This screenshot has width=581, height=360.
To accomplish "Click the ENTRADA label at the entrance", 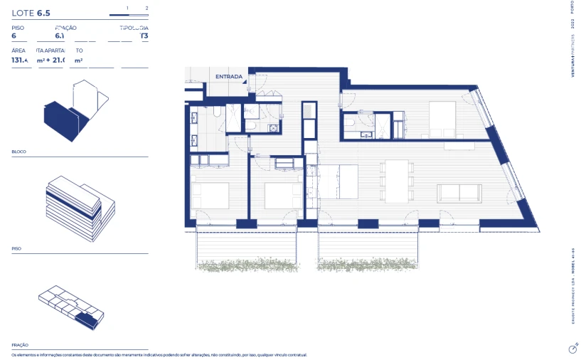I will coord(229,76).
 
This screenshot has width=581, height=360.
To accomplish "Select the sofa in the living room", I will coord(459,192).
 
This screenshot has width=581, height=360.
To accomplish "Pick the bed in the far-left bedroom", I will coord(210,196).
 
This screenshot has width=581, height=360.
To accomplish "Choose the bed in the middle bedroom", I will coord(282,196).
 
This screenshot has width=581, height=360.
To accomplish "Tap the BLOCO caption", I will coord(19,152).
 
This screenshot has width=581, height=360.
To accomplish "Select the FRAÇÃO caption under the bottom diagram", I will coord(21,344).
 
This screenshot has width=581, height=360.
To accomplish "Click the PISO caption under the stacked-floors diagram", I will coord(16,249).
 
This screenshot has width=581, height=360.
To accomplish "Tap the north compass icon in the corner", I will coord(572,349).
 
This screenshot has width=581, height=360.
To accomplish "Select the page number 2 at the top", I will coord(146,8).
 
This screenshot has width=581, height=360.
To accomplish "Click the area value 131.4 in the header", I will coord(20,60).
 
